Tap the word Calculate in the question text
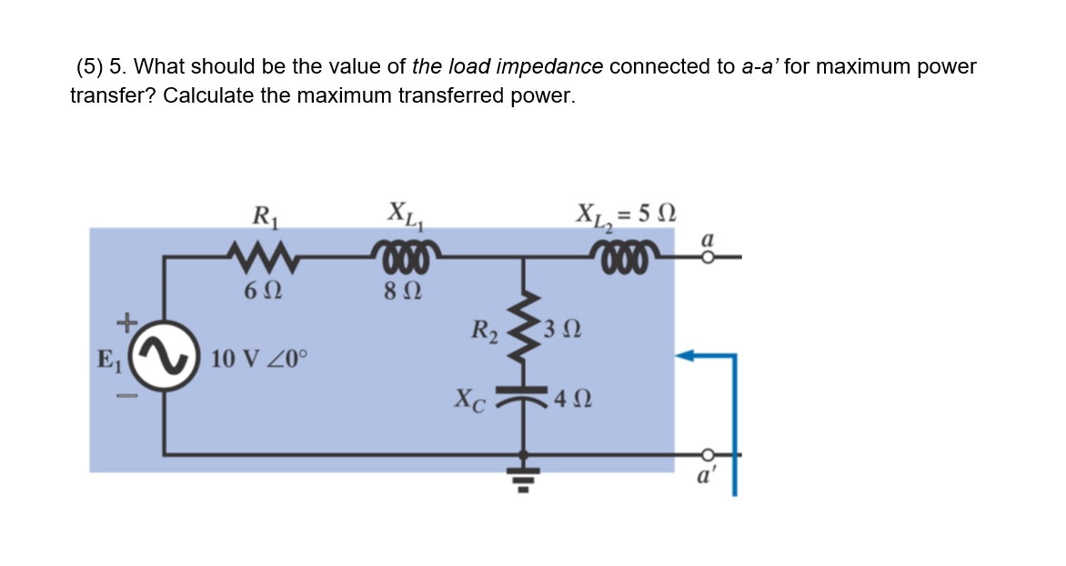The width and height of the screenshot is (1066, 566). pyautogui.click(x=208, y=96)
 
